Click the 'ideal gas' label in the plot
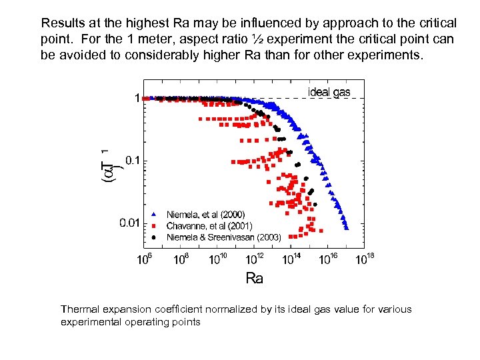pos(329,92)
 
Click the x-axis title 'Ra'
pos(254,278)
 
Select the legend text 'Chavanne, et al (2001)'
pos(209,225)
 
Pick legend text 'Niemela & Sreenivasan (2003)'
pos(223,237)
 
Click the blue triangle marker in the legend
pos(154,215)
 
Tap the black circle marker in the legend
pos(154,237)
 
